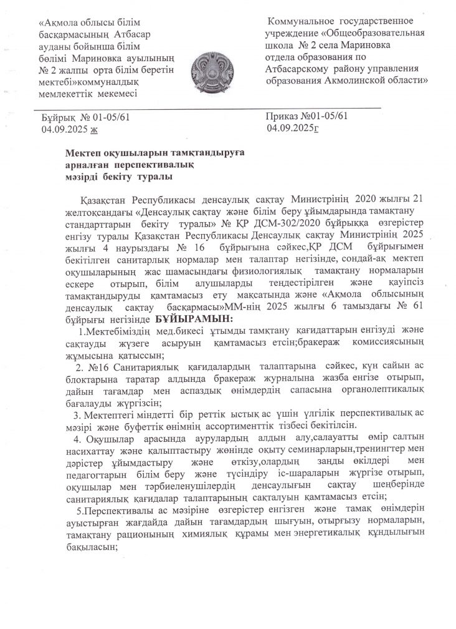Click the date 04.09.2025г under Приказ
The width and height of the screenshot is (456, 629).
coord(293,129)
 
